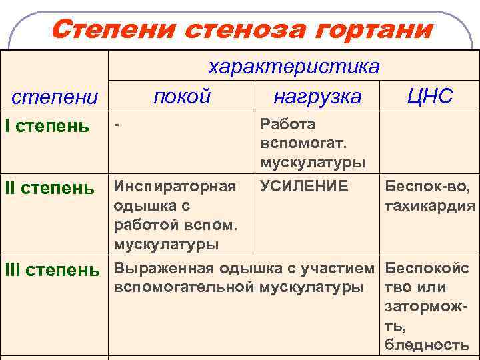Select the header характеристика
tap(294, 67)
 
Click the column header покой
tap(181, 96)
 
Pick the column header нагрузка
tap(317, 97)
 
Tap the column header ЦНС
tap(430, 96)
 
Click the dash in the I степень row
tap(117, 124)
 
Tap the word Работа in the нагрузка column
tap(288, 124)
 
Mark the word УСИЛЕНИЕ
tap(304, 186)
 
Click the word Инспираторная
tap(175, 186)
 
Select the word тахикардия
tap(430, 206)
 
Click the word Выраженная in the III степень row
tap(163, 269)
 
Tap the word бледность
tap(427, 345)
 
